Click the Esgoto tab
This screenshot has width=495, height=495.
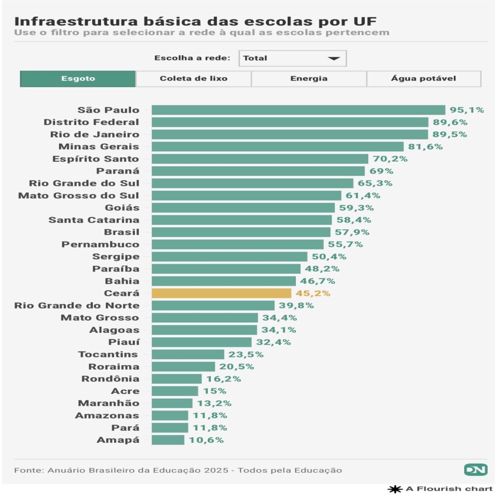point(78,79)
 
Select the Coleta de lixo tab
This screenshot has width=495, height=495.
point(193,79)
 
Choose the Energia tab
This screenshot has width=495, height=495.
point(309,79)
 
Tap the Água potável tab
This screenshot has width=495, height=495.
point(423,79)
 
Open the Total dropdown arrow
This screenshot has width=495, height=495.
point(334,58)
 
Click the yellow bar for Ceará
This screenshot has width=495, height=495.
point(221,293)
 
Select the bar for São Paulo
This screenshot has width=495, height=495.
point(298,110)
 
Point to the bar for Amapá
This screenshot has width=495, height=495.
point(168,440)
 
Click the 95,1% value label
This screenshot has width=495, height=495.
point(466,110)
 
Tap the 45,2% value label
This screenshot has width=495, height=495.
point(313,293)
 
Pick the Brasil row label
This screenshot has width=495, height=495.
point(121,232)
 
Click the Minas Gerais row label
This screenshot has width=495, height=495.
point(99,146)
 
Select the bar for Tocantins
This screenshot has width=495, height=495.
point(188,354)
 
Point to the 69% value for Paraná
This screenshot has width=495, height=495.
point(381,171)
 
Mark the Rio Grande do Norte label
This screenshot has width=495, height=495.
point(77,306)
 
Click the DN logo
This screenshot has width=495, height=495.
point(476,469)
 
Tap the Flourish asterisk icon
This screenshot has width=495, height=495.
point(395,489)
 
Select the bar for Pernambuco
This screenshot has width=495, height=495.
point(237,244)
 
